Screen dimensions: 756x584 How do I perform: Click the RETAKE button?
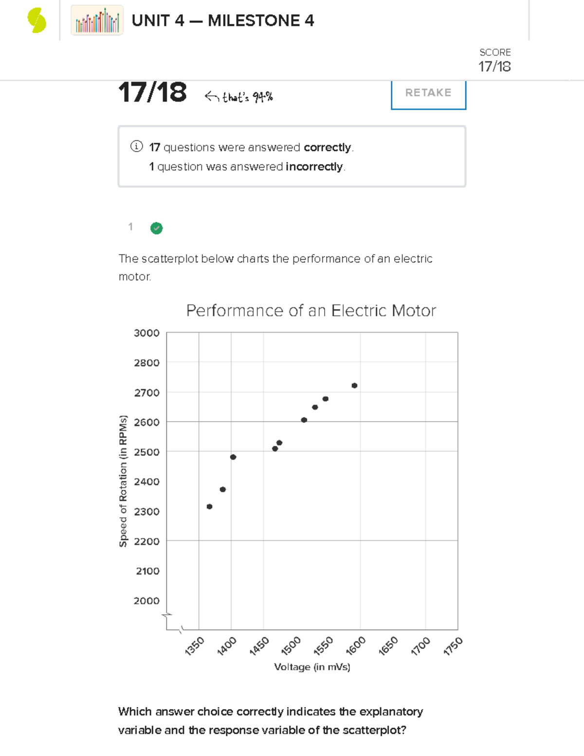(x=428, y=93)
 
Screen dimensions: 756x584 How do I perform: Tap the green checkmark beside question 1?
(x=156, y=228)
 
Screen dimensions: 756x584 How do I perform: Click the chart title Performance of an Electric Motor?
(x=311, y=311)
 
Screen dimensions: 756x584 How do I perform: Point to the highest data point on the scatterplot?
(x=354, y=386)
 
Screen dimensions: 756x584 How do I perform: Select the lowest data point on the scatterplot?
(x=209, y=507)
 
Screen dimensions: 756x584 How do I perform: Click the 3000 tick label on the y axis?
(x=146, y=333)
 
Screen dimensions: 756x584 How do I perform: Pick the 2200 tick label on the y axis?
(x=146, y=541)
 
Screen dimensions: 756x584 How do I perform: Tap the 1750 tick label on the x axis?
(x=453, y=646)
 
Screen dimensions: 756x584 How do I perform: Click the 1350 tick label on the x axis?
(x=195, y=646)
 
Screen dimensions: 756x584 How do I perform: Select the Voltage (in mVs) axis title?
(x=312, y=667)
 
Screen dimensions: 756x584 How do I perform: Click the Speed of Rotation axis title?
(x=123, y=481)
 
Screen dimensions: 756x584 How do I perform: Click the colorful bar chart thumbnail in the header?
(x=97, y=20)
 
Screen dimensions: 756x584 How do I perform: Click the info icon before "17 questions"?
(x=136, y=147)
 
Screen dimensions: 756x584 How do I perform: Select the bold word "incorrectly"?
(x=314, y=166)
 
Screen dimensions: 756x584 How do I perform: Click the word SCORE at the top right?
(x=495, y=53)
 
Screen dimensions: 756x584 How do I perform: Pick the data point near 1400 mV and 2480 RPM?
(x=233, y=457)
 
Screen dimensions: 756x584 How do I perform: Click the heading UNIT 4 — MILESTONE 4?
(x=223, y=20)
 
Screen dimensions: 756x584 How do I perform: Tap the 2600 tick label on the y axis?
(x=146, y=423)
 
